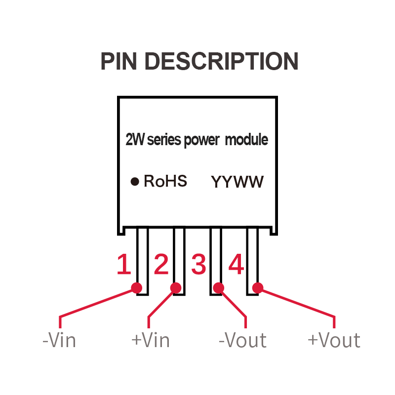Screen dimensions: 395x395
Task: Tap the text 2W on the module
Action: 135,140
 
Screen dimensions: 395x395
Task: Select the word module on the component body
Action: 246,140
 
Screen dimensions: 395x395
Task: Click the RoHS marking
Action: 165,181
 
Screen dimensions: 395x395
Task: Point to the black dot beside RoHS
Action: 134,182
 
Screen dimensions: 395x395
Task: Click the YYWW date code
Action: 237,182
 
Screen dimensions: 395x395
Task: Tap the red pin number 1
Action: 124,265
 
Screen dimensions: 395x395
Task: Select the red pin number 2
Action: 161,265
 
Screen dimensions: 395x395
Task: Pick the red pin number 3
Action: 198,265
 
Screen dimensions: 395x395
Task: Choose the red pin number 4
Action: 236,265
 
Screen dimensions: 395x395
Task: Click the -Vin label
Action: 59,341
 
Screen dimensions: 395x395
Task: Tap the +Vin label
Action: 151,341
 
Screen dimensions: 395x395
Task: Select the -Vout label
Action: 242,341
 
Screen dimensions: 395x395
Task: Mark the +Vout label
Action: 334,341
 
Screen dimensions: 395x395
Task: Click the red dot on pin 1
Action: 137,287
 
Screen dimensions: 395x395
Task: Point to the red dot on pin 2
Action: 175,287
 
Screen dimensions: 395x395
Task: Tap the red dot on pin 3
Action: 219,287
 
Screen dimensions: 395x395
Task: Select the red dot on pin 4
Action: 257,287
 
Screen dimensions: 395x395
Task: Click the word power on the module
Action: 201,141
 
